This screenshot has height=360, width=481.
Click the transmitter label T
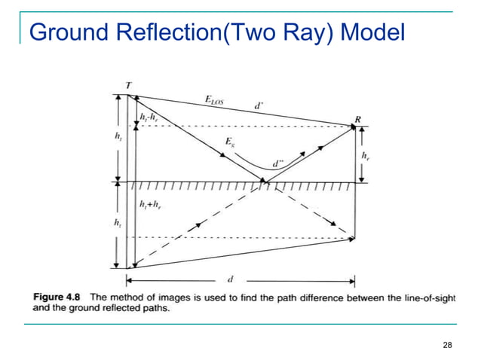tap(129, 86)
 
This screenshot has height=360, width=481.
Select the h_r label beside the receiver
tap(366, 156)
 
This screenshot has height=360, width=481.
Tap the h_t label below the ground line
tap(118, 223)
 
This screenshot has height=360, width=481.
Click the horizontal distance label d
tap(230, 279)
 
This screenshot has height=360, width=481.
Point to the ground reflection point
tap(263, 182)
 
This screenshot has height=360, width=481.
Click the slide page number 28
tap(448, 345)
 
